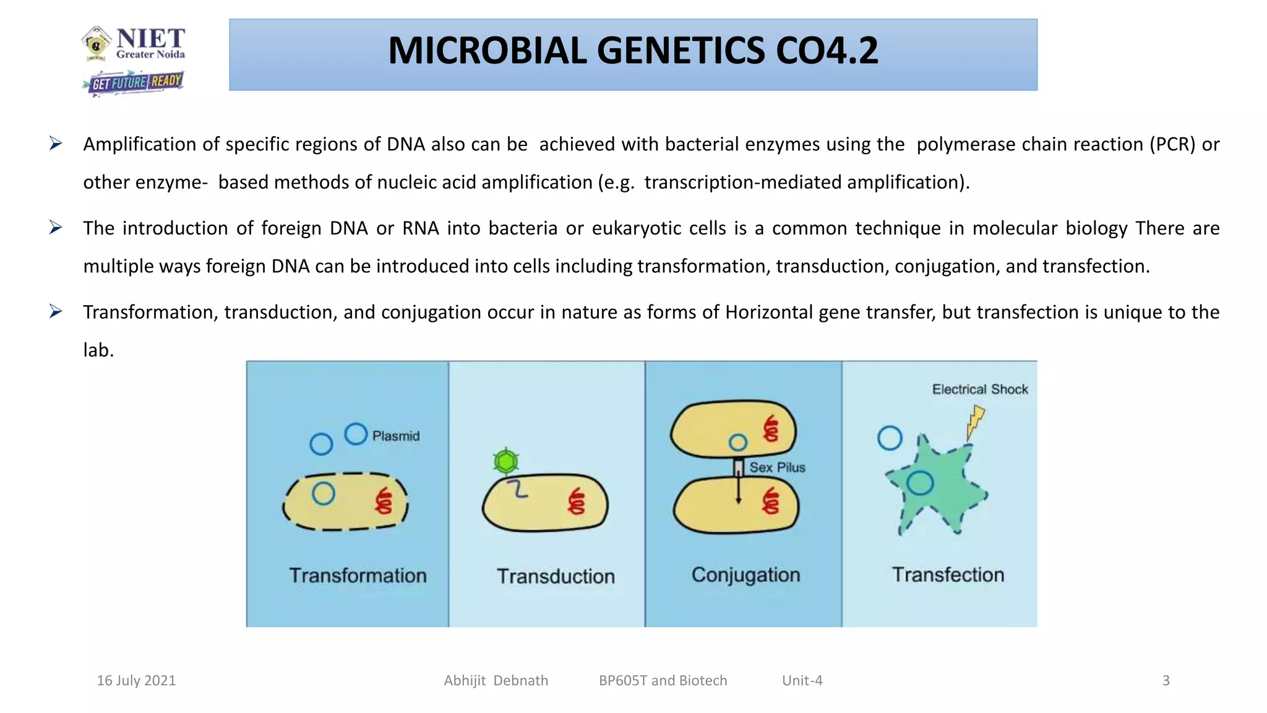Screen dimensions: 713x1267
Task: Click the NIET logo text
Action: point(150,39)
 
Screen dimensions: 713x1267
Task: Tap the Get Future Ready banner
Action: point(134,82)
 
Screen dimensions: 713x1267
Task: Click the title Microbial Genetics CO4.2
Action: point(632,51)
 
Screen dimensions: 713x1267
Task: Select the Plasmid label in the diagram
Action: point(396,436)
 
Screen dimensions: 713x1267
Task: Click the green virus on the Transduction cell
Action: point(506,461)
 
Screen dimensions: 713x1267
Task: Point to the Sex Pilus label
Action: point(777,468)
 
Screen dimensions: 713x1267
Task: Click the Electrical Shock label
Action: point(980,389)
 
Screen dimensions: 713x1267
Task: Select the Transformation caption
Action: point(358,576)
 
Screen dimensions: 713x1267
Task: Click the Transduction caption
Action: point(556,576)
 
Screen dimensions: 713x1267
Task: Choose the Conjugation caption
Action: point(745,575)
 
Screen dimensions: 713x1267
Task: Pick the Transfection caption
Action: point(948,575)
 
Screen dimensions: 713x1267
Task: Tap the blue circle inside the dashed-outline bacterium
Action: point(324,493)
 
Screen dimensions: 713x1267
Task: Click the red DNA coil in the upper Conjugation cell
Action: point(771,429)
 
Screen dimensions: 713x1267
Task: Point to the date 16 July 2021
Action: point(136,681)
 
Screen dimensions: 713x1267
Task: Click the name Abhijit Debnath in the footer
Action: point(496,681)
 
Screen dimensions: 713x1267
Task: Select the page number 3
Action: point(1166,681)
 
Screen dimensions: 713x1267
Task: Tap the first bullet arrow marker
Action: point(56,144)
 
